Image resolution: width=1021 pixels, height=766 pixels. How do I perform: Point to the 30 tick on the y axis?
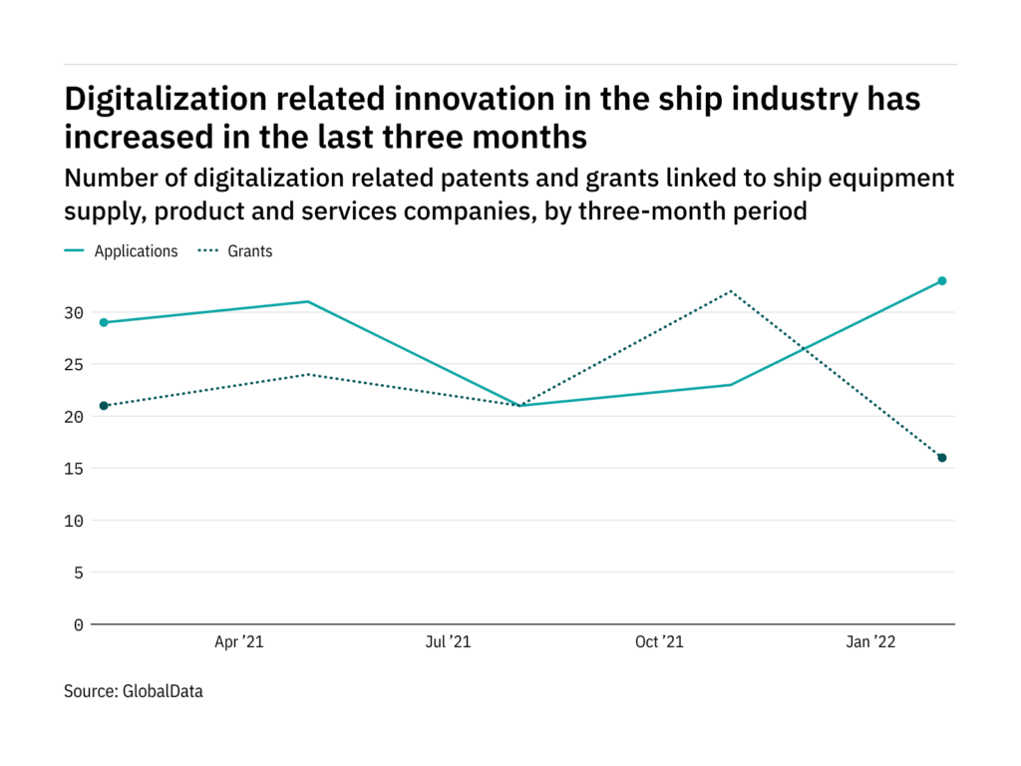point(73,312)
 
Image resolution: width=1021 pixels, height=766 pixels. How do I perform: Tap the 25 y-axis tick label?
point(73,364)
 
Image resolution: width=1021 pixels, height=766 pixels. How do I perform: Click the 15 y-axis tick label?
point(73,469)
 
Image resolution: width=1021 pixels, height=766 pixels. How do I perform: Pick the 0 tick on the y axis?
point(78,624)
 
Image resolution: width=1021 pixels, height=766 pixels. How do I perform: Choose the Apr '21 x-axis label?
point(239,643)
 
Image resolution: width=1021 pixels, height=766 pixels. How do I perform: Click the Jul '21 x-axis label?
point(448,643)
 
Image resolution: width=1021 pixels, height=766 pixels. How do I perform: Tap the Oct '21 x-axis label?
point(659,643)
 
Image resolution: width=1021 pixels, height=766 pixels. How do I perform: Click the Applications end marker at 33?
point(941,281)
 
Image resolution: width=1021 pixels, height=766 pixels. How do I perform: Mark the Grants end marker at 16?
point(941,458)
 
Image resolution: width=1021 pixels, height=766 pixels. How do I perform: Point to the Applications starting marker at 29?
point(103,322)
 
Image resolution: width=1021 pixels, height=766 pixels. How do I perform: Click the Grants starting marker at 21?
point(103,406)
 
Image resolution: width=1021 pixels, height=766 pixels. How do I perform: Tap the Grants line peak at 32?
point(731,291)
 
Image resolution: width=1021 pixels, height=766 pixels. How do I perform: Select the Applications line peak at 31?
point(308,301)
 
